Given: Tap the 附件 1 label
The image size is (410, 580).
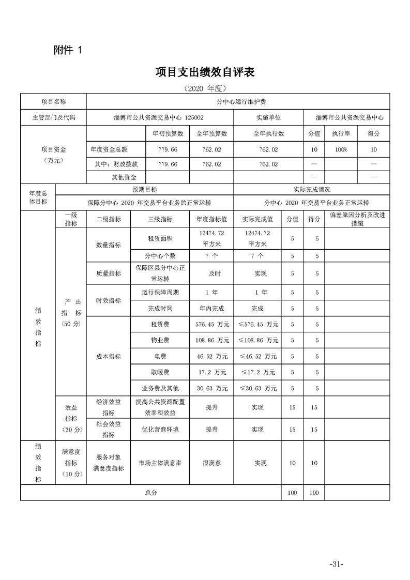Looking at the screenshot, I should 67,50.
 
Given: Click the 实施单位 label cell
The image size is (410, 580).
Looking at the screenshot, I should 268,117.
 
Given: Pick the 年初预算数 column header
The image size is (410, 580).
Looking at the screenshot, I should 168,133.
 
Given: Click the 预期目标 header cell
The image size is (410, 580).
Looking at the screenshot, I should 145,190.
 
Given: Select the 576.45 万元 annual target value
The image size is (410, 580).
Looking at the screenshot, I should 212,325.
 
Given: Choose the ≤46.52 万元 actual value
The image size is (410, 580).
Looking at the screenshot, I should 257,357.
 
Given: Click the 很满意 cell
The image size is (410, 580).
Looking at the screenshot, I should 212,463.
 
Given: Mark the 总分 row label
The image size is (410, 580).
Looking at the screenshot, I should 151,493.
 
